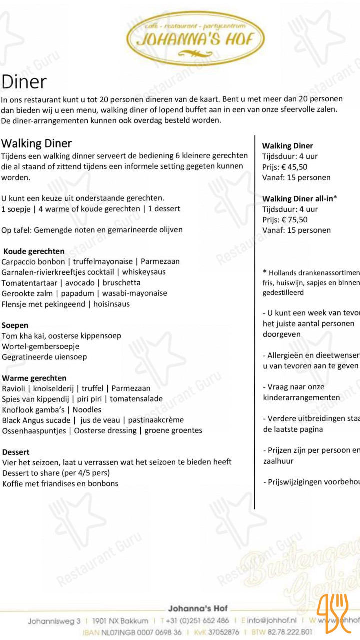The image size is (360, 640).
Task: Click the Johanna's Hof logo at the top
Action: click(x=195, y=38)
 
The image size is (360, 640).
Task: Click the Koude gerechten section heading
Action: click(x=34, y=251)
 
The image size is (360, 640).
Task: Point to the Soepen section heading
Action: click(x=15, y=325)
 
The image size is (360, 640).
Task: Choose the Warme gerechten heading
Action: click(x=34, y=378)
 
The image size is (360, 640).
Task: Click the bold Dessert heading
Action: click(x=16, y=452)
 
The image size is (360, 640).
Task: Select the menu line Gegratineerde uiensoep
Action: click(x=44, y=357)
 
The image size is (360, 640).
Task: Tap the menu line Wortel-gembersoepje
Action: click(x=41, y=346)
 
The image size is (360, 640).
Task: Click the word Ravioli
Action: click(x=13, y=388)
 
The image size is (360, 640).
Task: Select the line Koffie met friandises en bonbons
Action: click(x=60, y=483)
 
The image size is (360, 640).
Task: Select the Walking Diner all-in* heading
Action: click(x=300, y=199)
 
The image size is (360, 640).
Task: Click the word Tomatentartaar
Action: click(x=29, y=283)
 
